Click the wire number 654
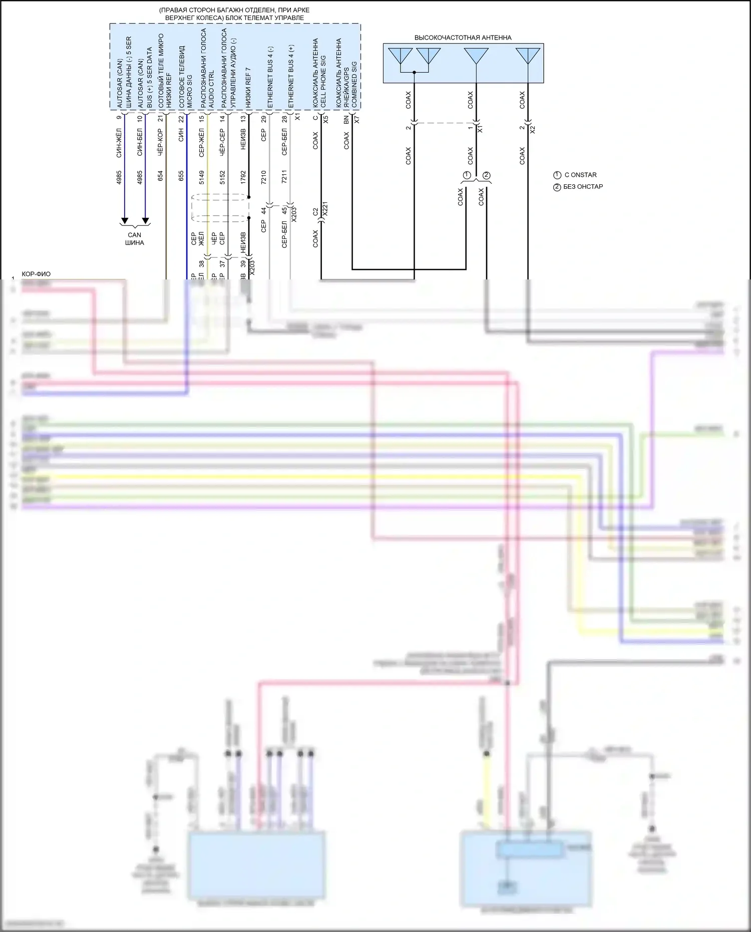pos(160,176)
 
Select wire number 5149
pos(202,177)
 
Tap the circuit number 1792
pos(243,177)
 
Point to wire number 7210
pos(264,177)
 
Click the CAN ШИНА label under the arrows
pos(135,239)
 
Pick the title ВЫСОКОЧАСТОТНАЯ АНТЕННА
pos(463,38)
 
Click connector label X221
pos(324,209)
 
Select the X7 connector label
pos(356,120)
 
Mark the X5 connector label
pos(325,120)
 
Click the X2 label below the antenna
pos(533,129)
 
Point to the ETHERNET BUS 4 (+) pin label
pos(291,77)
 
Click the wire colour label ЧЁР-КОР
pos(160,142)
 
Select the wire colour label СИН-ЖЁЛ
pos(119,143)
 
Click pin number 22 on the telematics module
pos(181,119)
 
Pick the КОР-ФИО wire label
pos(36,274)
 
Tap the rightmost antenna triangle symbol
pos(528,56)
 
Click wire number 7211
pos(284,177)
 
